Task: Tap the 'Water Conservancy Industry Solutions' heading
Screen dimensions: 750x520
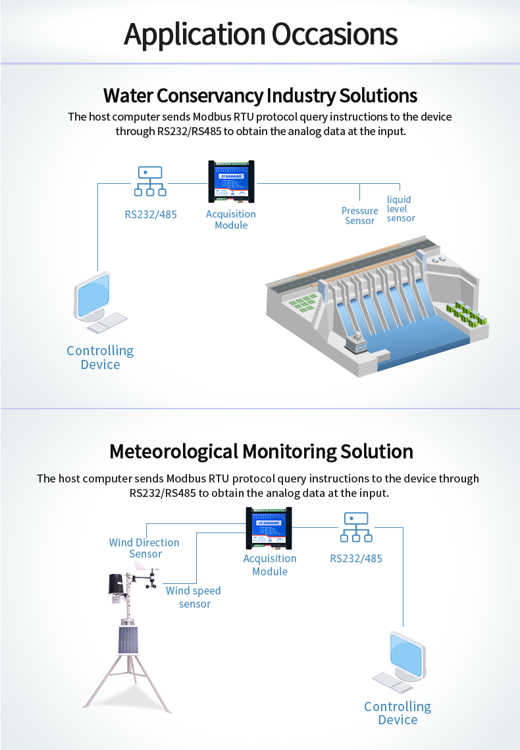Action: pos(260,96)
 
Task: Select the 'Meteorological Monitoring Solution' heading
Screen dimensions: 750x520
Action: pos(261,451)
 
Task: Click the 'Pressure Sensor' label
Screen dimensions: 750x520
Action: pos(360,216)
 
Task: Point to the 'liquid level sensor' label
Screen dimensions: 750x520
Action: pos(400,209)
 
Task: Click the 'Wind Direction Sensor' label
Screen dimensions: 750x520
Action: pos(144,548)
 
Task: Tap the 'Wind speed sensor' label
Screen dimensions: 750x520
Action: pos(194,597)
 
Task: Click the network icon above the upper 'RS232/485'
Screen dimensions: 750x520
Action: pos(150,181)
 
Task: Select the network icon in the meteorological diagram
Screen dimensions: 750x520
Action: pos(355,527)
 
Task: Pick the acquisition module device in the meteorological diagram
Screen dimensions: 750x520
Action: pos(269,527)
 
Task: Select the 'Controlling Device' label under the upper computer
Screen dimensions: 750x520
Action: pos(100,357)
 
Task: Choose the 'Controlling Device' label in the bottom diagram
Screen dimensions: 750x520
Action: pos(398,713)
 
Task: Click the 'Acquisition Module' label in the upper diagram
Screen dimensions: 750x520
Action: pos(231,219)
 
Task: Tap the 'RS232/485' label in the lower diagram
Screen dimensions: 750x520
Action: pos(355,559)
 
